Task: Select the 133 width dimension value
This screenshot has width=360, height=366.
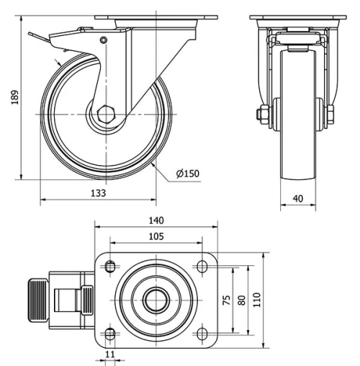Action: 99,193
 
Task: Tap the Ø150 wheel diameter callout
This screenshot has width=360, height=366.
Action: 187,173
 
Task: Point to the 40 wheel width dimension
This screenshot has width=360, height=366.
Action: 298,197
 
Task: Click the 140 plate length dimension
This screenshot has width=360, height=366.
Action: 156,220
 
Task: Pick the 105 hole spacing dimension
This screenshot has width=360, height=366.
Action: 156,236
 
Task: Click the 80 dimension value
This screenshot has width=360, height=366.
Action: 242,300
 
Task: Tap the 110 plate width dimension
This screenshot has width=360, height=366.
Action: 256,300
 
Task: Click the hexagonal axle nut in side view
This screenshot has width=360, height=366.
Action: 106,114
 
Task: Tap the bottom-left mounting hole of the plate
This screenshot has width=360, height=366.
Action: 109,332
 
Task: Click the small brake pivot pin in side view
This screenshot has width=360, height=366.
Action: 104,40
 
